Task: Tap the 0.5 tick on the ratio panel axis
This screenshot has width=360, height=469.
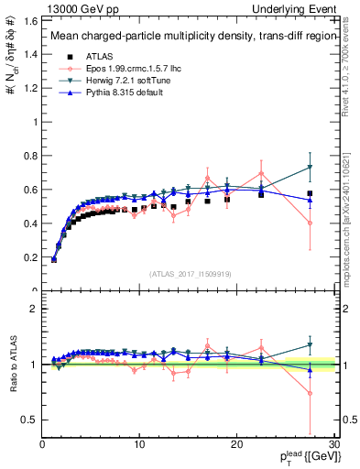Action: click(x=29, y=420)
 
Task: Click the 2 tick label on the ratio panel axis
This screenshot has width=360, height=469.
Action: click(x=34, y=309)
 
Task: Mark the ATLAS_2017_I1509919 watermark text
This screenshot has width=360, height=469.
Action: click(x=189, y=273)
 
